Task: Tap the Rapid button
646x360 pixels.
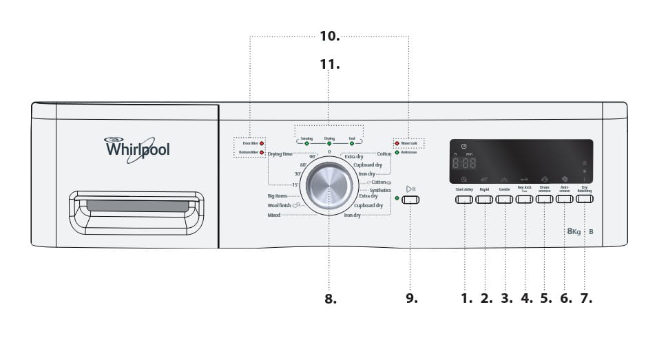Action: pos(484,200)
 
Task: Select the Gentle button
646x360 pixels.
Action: pos(504,200)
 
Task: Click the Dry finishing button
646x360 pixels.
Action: pos(585,200)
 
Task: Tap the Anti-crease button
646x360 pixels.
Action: pos(565,200)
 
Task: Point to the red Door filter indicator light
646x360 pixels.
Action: pos(262,143)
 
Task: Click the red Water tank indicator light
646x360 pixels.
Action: pos(397,143)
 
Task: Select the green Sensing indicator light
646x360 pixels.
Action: pos(306,143)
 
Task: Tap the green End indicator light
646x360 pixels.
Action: pos(352,143)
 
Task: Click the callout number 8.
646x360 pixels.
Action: pos(330,299)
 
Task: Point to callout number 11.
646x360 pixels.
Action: pos(329,64)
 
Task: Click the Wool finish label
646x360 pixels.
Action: pos(280,205)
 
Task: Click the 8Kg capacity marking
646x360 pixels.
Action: pos(574,232)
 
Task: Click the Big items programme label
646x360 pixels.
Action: pos(276,196)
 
